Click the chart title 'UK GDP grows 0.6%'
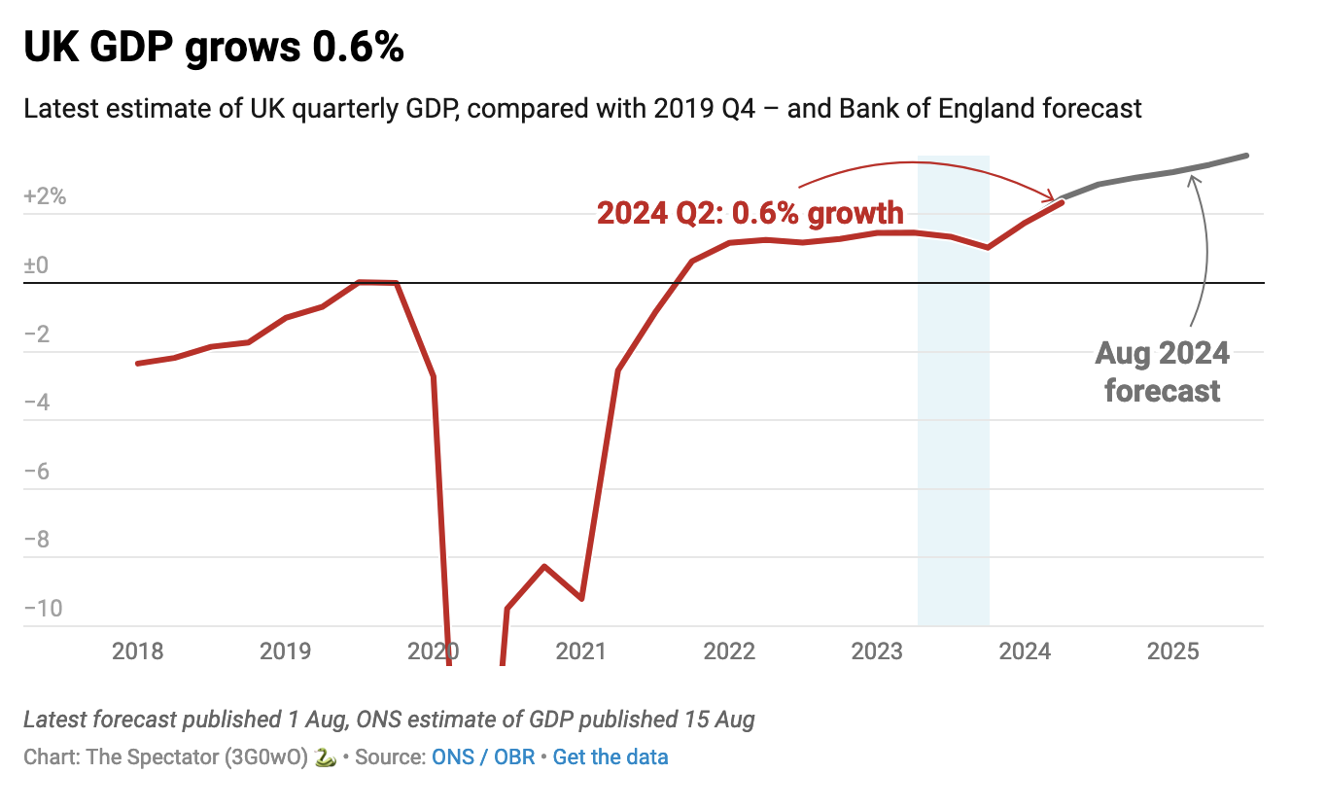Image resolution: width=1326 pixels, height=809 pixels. tap(214, 48)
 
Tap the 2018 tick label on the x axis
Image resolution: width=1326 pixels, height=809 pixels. tap(137, 651)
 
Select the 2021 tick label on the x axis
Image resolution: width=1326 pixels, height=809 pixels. tap(580, 651)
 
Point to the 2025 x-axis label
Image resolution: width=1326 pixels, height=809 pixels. tap(1172, 651)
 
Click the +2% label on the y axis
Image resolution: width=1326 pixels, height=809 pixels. tap(45, 196)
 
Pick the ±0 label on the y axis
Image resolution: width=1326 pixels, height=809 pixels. tap(36, 265)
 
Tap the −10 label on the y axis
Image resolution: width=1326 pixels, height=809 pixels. tap(44, 609)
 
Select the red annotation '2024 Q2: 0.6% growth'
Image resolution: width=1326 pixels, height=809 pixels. tap(750, 212)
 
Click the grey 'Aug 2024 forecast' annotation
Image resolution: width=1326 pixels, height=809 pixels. tap(1162, 371)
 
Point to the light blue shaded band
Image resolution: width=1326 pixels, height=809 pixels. tap(953, 438)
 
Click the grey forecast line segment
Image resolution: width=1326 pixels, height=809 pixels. tap(1157, 175)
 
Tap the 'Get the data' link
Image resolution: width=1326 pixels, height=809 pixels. tap(611, 756)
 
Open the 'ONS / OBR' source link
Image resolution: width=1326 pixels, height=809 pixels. tap(483, 756)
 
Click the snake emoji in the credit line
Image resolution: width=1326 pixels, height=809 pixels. tap(326, 756)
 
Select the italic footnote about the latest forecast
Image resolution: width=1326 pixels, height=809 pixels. tap(389, 720)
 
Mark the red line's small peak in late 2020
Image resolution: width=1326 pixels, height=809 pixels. tap(544, 566)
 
